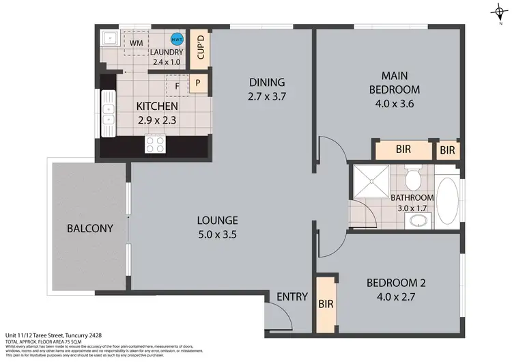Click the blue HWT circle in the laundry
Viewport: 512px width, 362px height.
pos(177,40)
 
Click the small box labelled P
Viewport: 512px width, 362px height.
pos(198,83)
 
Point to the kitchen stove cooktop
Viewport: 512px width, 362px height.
pos(155,144)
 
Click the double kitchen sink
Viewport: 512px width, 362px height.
pos(108,113)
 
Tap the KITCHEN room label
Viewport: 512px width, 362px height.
pos(157,107)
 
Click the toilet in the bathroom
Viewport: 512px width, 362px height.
pos(412,180)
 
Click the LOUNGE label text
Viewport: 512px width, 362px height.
pos(217,221)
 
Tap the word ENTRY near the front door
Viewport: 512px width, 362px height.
pos(292,297)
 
